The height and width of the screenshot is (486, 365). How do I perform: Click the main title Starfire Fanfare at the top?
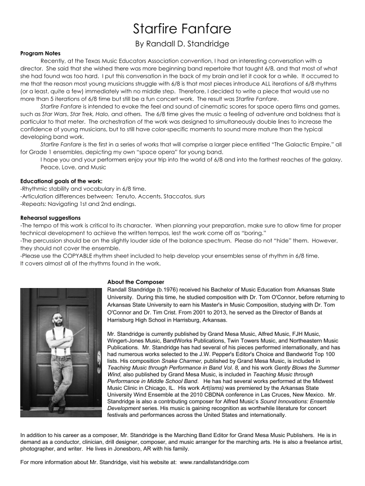[182, 28]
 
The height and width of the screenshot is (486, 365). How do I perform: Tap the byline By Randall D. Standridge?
[182, 43]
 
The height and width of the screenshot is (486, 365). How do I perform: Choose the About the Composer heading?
[136, 282]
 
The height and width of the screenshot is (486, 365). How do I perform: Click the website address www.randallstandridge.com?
[214, 462]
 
